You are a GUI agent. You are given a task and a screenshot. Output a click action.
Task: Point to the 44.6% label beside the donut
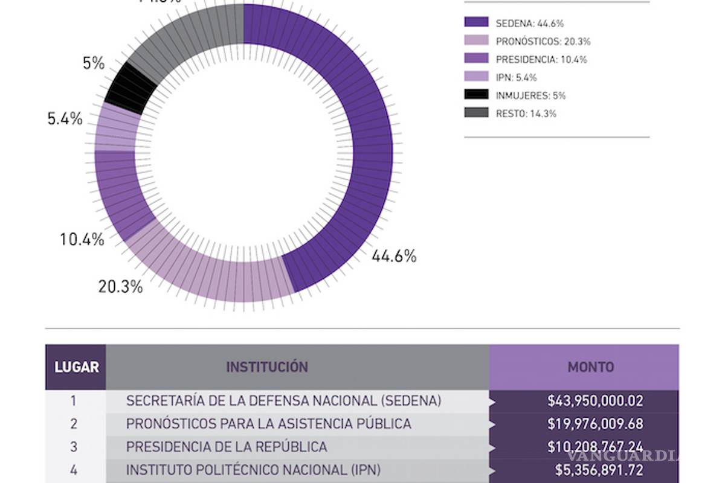click(393, 257)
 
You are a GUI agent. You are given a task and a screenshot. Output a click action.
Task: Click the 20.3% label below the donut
click(120, 286)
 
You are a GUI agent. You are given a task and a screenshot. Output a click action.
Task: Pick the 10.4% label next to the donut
click(82, 240)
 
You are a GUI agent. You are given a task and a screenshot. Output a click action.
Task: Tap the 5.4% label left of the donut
click(65, 119)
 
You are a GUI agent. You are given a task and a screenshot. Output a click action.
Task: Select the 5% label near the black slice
click(94, 63)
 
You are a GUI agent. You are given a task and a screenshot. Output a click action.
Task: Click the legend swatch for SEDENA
click(476, 22)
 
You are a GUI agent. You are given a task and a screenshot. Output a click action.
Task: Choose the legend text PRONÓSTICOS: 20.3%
click(543, 41)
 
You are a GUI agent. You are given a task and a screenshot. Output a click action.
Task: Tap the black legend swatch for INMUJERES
click(476, 95)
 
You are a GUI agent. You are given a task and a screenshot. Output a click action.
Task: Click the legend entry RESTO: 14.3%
click(526, 113)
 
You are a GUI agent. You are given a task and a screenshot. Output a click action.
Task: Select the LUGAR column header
click(76, 367)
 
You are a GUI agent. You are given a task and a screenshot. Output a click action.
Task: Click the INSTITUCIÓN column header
click(267, 367)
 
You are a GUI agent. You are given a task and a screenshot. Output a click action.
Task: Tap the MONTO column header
click(590, 367)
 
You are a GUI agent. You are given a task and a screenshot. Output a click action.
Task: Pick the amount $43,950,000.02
click(594, 400)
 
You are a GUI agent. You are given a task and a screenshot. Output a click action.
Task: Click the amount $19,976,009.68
click(594, 424)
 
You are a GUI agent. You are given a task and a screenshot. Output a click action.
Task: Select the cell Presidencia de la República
click(227, 447)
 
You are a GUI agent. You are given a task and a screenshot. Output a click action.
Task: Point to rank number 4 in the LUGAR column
click(74, 470)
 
